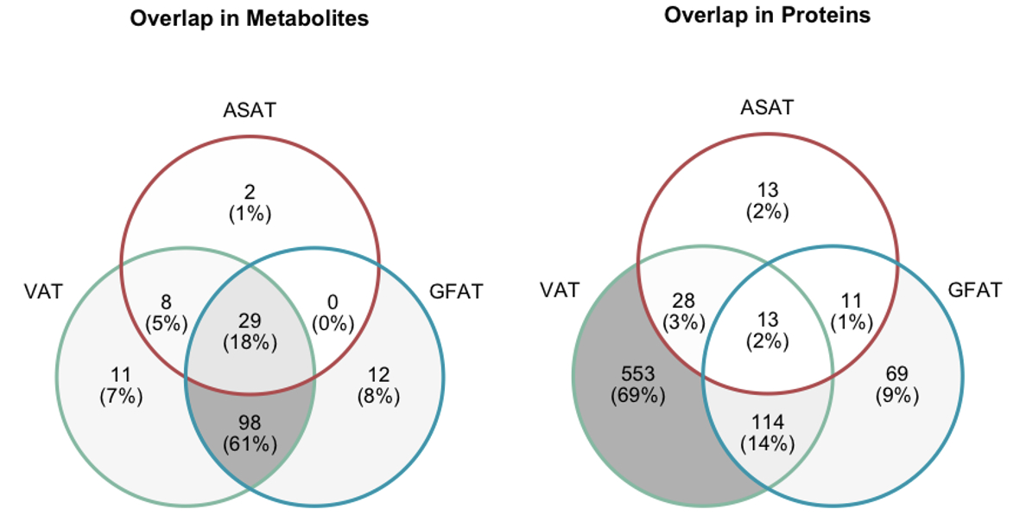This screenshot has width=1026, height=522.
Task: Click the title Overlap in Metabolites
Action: tap(249, 18)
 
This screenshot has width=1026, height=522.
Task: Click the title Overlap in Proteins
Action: tap(768, 16)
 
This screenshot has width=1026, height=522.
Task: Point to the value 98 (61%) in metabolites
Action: tap(250, 435)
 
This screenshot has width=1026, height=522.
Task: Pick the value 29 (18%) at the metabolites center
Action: tap(250, 332)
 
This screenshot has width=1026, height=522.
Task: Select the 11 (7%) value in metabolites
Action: tap(119, 386)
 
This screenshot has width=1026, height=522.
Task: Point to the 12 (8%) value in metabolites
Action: tap(378, 386)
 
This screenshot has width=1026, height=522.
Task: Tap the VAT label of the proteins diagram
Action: tap(559, 290)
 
